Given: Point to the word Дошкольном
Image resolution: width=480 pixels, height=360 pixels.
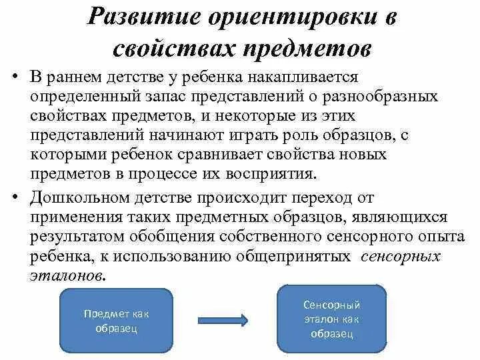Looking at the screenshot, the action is pyautogui.click(x=76, y=198).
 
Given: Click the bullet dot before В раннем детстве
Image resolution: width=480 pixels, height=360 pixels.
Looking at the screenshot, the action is pyautogui.click(x=13, y=79).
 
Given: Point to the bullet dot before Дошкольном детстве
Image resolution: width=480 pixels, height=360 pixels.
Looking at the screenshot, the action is pyautogui.click(x=13, y=198).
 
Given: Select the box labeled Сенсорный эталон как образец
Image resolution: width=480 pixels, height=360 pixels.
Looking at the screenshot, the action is pyautogui.click(x=331, y=319).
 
